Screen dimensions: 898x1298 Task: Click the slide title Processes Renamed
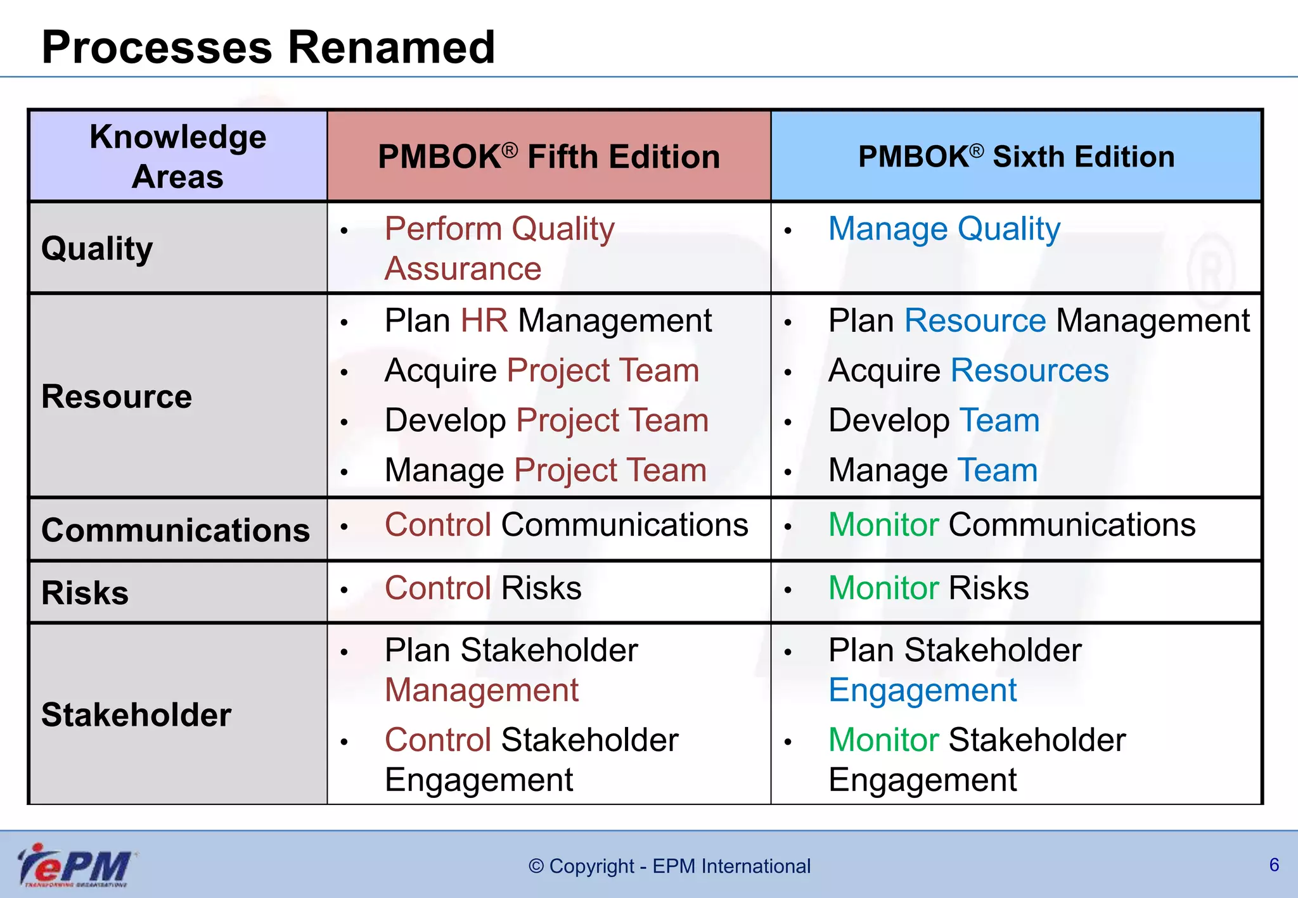267,47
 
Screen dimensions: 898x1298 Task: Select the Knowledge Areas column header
177,156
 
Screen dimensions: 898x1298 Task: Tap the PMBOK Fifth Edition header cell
549,156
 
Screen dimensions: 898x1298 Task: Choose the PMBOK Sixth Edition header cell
1016,156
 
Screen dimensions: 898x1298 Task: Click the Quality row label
97,248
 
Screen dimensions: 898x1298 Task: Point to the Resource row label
117,397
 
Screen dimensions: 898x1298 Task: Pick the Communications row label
176,530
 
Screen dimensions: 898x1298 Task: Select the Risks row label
85,593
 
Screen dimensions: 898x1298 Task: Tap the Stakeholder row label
136,715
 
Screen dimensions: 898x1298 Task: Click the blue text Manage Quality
944,229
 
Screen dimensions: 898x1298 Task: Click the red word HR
484,320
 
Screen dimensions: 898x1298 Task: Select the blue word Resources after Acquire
1029,370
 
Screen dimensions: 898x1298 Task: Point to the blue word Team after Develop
999,421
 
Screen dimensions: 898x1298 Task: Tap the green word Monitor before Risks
884,588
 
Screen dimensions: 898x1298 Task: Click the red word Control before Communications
438,525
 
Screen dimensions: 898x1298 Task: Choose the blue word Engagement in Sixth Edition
922,690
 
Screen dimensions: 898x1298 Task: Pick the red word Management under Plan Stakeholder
482,690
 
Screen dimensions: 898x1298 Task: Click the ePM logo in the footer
75,865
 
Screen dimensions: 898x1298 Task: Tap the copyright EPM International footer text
669,866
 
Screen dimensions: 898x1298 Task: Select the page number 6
1274,865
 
